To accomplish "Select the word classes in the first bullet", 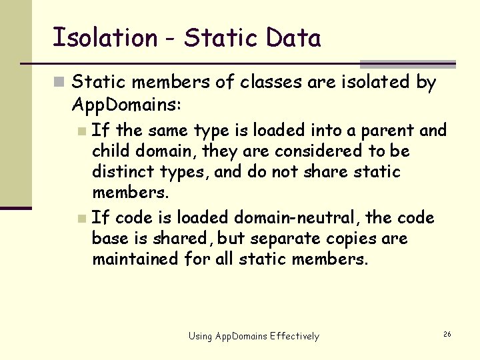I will pos(272,83).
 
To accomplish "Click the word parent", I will pos(386,130).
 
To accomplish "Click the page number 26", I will pos(447,333).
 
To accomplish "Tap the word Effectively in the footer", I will pos(295,336).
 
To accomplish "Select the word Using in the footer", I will pos(201,336).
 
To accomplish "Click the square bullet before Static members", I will pos(59,83).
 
